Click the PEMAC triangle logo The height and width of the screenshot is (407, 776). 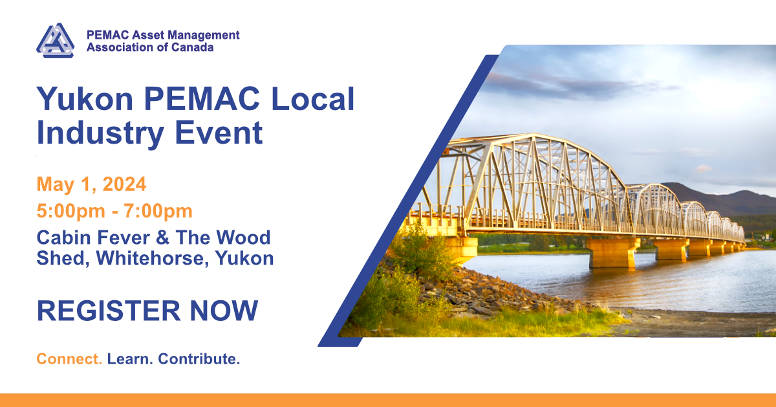pos(55,41)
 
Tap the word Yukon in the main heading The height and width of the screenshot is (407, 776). pos(85,99)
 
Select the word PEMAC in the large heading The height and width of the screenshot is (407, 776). pos(202,99)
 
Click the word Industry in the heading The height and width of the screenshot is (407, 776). pos(100,133)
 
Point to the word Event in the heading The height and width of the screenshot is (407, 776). pos(219,133)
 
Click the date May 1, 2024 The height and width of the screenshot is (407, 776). pos(91,184)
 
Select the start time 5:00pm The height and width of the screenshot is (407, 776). pos(70,211)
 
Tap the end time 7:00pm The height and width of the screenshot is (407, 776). pos(158,211)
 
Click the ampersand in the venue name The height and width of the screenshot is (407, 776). pos(163,238)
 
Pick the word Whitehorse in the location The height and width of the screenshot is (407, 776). pos(153,258)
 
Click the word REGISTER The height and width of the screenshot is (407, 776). pos(109,311)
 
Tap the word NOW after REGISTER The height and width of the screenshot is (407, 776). pos(224,311)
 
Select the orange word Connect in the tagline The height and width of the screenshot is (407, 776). pos(69,359)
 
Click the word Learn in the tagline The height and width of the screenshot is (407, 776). pos(130,359)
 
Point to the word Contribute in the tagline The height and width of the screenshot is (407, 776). pos(199,359)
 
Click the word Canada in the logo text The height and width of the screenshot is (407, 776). pos(192,47)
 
